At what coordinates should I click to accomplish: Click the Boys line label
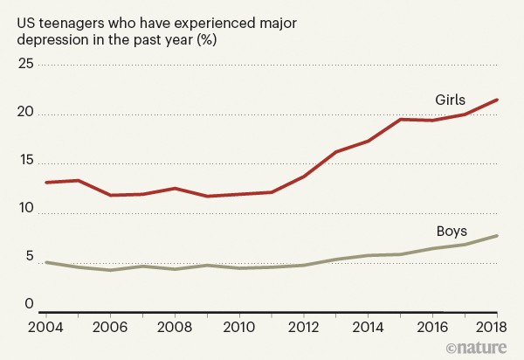coord(452,232)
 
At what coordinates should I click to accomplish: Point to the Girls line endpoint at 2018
coord(497,100)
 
